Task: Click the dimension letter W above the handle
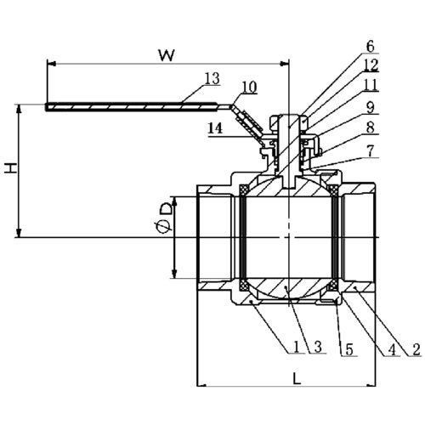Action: click(167, 55)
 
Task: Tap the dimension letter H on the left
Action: click(11, 168)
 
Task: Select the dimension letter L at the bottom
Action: click(297, 378)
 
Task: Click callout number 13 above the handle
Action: click(212, 78)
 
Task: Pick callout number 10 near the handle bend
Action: click(250, 88)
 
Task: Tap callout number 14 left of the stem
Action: click(215, 128)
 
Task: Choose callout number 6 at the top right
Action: click(371, 47)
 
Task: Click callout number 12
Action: click(371, 65)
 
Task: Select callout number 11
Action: click(371, 84)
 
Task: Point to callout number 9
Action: click(371, 107)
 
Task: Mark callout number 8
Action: click(371, 127)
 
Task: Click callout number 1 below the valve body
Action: click(297, 347)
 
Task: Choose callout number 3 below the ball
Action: click(318, 347)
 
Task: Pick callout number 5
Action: click(349, 349)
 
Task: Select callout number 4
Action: click(392, 349)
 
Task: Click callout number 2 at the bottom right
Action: click(416, 349)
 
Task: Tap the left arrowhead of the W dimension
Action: click(51, 64)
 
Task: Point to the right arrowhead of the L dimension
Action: click(371, 386)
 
